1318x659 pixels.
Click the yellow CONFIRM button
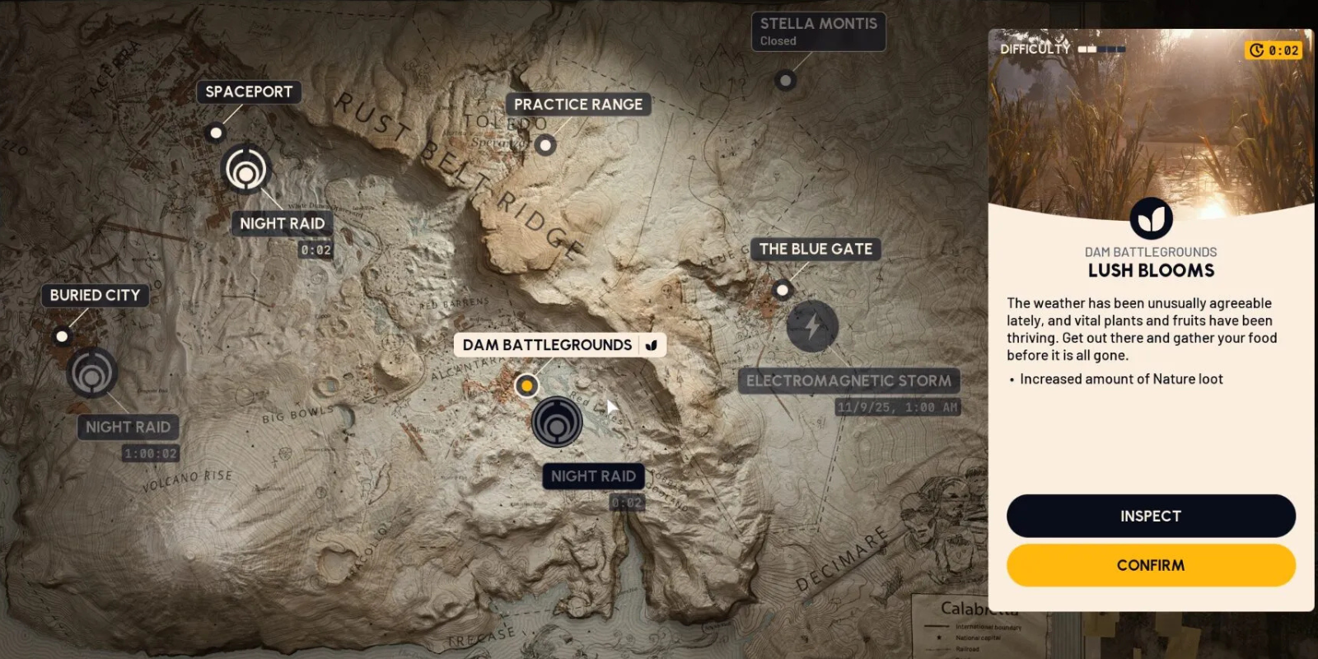(1150, 565)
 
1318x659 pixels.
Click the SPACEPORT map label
(249, 91)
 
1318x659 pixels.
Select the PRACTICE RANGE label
(578, 105)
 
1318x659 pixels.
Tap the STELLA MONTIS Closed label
(818, 31)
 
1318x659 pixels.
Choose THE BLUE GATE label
(816, 249)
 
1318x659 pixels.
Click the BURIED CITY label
(95, 295)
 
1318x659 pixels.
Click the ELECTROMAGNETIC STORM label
(848, 381)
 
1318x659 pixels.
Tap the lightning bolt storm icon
(812, 326)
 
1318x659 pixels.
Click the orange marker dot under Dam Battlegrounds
(526, 386)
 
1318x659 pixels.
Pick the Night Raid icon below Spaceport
(245, 169)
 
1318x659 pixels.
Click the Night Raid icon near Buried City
(92, 372)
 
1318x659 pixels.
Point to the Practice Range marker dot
(544, 146)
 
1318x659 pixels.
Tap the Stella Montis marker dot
(786, 81)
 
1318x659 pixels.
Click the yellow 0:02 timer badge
(1274, 50)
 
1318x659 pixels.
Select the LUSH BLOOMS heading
(1151, 270)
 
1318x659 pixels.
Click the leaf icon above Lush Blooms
(1151, 218)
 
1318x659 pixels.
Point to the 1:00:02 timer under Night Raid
(151, 454)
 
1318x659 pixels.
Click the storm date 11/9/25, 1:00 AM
(897, 407)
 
